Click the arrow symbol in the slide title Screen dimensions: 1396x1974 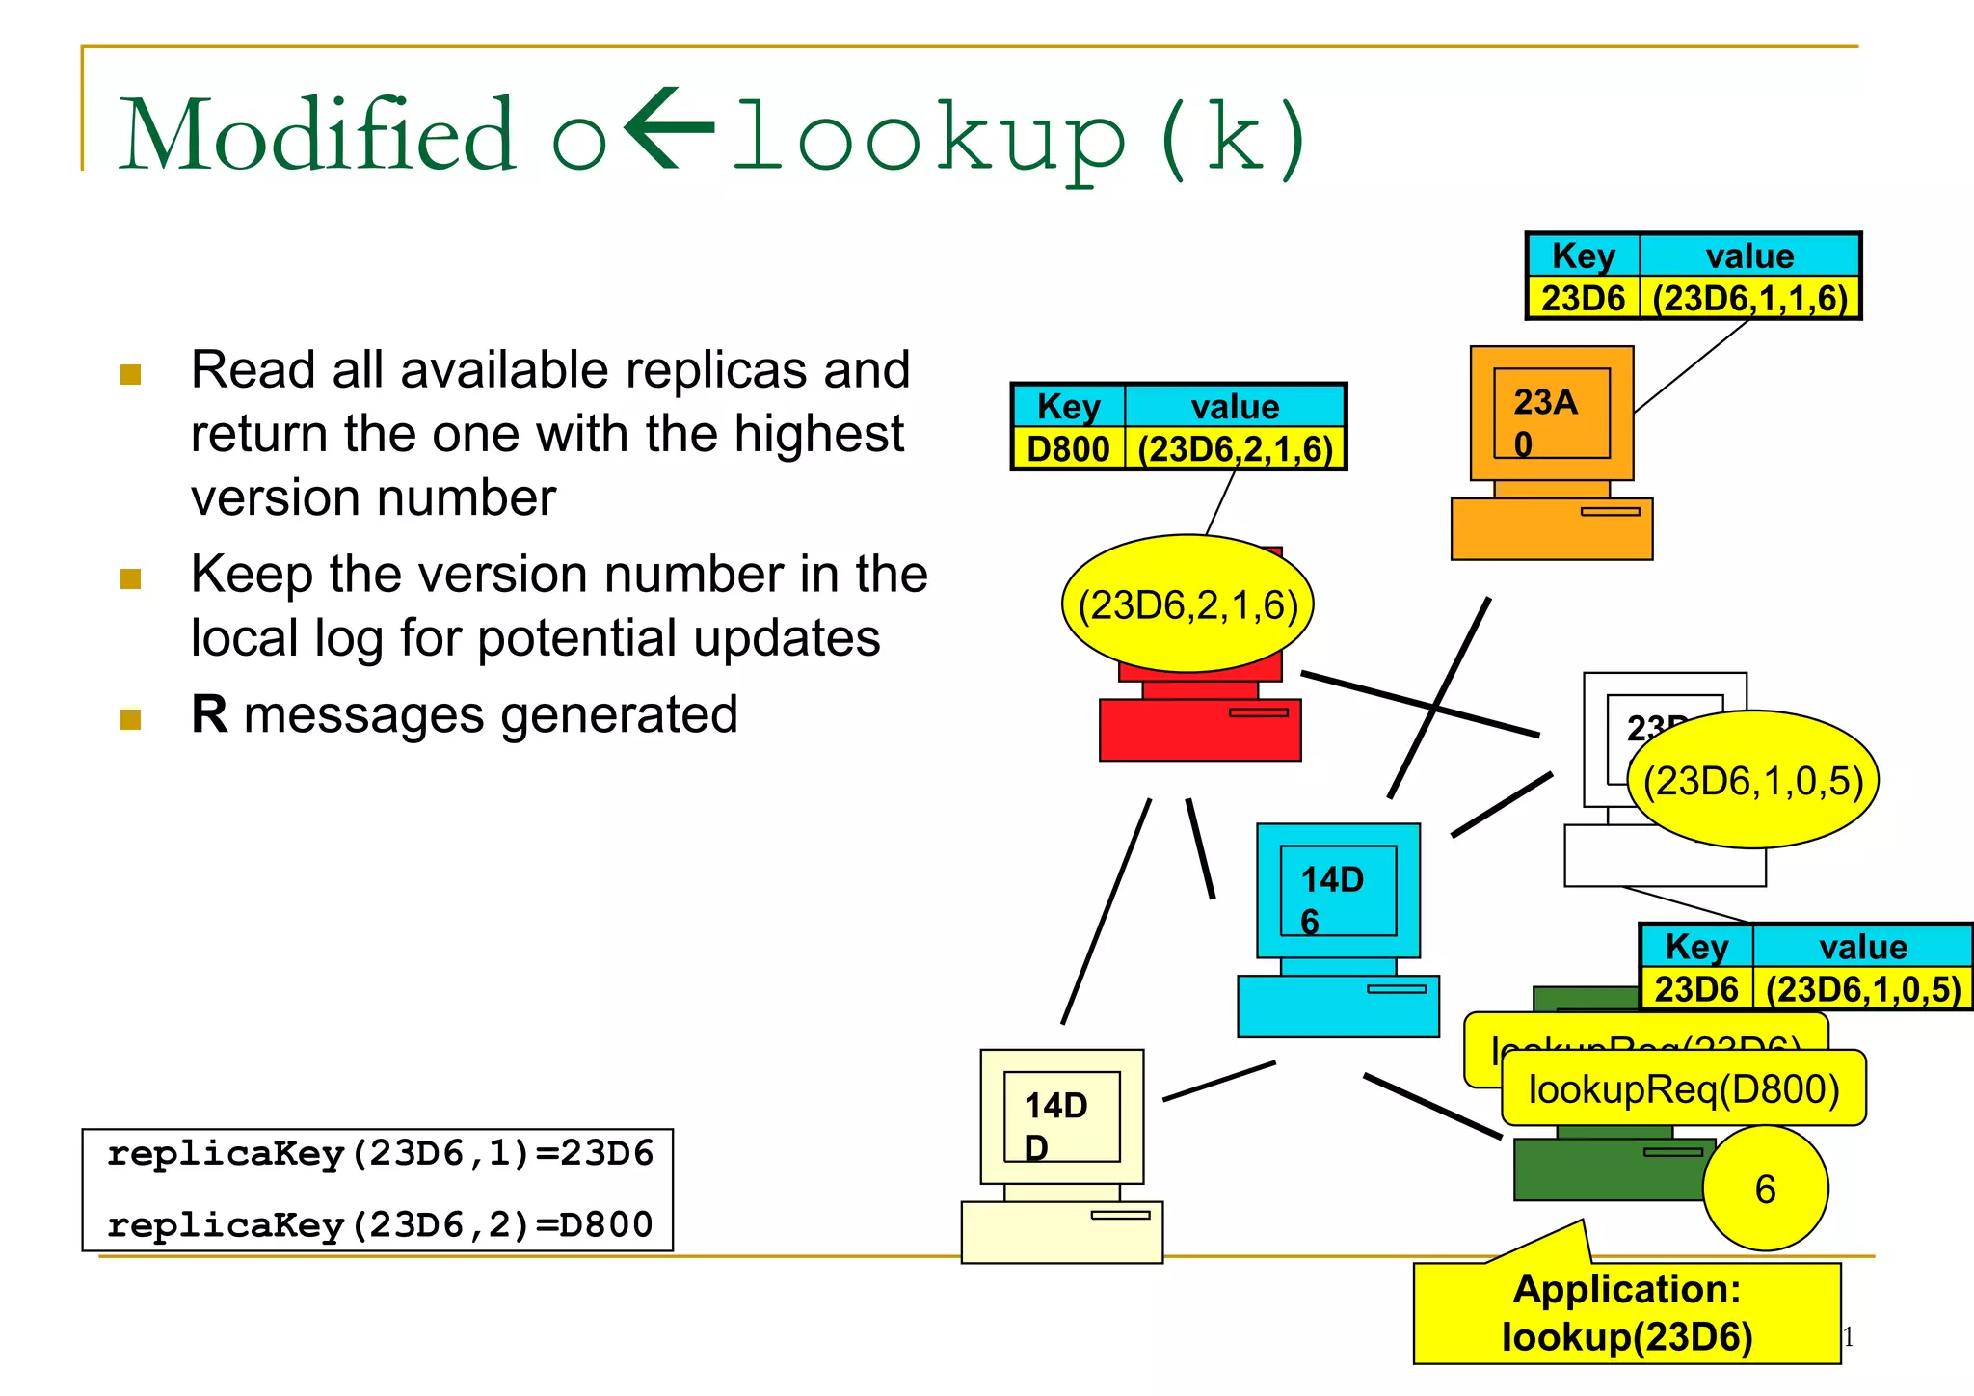[669, 129]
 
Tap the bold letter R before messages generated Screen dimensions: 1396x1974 [209, 714]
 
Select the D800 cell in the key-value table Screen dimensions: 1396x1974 [1068, 449]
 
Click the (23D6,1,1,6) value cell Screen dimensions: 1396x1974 [1749, 298]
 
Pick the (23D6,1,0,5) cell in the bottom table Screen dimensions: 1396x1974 [1862, 989]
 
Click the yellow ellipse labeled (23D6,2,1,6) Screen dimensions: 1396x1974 [1187, 604]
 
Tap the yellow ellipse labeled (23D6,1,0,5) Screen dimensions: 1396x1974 [1752, 780]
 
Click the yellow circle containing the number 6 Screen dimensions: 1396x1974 [1765, 1189]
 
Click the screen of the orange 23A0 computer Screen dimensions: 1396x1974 [1552, 414]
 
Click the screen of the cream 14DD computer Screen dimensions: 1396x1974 [1061, 1116]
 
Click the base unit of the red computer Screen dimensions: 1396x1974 [1200, 731]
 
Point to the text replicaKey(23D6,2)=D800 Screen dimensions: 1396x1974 [380, 1224]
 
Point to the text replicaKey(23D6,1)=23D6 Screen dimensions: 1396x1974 [380, 1153]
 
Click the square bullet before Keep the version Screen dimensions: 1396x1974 [131, 578]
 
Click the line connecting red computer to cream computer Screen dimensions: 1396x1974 [1107, 912]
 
